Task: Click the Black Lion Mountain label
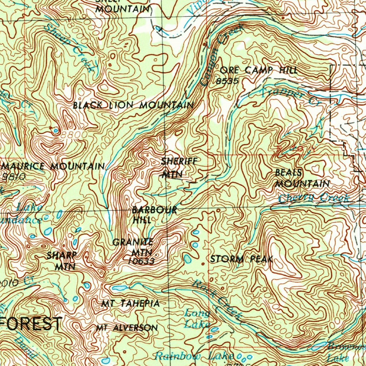coord(133,105)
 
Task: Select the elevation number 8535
coord(227,81)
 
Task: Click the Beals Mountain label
coord(302,178)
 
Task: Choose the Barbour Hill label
coord(154,215)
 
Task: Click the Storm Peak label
coord(242,259)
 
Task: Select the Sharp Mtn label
coord(62,261)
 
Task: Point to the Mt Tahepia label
coord(130,304)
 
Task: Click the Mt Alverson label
coord(127,328)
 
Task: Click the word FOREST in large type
coord(32,324)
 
